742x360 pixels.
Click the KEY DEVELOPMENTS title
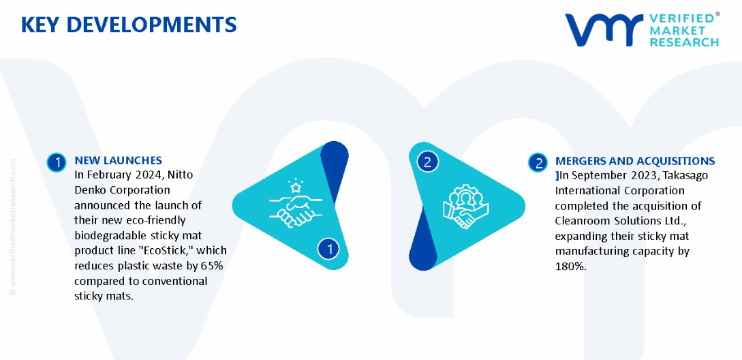click(129, 25)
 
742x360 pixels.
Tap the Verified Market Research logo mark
click(604, 30)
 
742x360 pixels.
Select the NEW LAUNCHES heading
click(119, 161)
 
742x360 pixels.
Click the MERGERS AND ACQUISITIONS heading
click(635, 161)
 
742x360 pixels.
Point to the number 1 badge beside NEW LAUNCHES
click(57, 162)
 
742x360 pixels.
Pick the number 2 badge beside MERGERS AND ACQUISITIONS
click(538, 162)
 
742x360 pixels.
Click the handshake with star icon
click(296, 205)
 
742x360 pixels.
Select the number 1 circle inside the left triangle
click(328, 249)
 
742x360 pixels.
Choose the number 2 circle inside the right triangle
click(427, 162)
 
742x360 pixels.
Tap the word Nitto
click(181, 175)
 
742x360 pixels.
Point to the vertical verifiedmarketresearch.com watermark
click(13, 226)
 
